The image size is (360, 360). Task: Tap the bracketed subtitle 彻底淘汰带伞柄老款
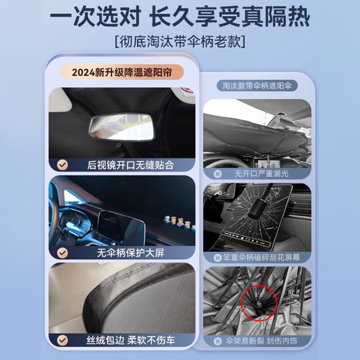click(180, 42)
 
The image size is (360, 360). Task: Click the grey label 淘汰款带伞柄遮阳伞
click(256, 85)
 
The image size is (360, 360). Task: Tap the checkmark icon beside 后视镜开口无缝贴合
click(63, 165)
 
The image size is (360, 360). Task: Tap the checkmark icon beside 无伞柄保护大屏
click(63, 252)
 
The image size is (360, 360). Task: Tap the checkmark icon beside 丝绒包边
click(63, 340)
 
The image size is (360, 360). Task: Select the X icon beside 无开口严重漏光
click(218, 174)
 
